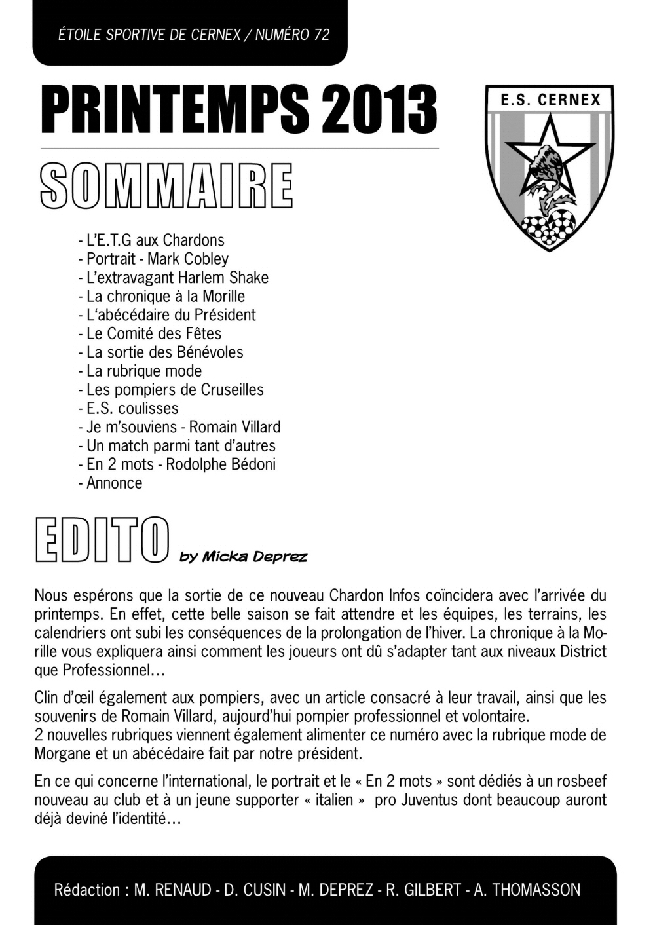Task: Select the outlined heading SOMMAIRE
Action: click(166, 185)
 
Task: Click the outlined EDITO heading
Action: click(102, 542)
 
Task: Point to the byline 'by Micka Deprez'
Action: click(242, 557)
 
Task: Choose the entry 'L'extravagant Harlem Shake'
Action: click(173, 278)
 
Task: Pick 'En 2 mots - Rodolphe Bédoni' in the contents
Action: click(177, 464)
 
